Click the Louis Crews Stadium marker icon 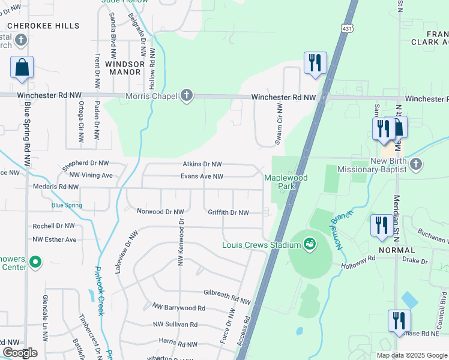coord(309,245)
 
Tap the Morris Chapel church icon coord(187,96)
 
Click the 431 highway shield coord(348,28)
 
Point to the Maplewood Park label coord(286,182)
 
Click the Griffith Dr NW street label coord(228,212)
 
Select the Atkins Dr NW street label coord(202,164)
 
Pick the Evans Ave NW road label coord(202,176)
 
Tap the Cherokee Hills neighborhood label coord(43,26)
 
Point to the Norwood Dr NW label coord(160,212)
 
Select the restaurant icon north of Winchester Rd coord(315,62)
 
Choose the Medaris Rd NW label coord(56,187)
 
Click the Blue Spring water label coord(67,205)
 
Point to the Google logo coord(20,353)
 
